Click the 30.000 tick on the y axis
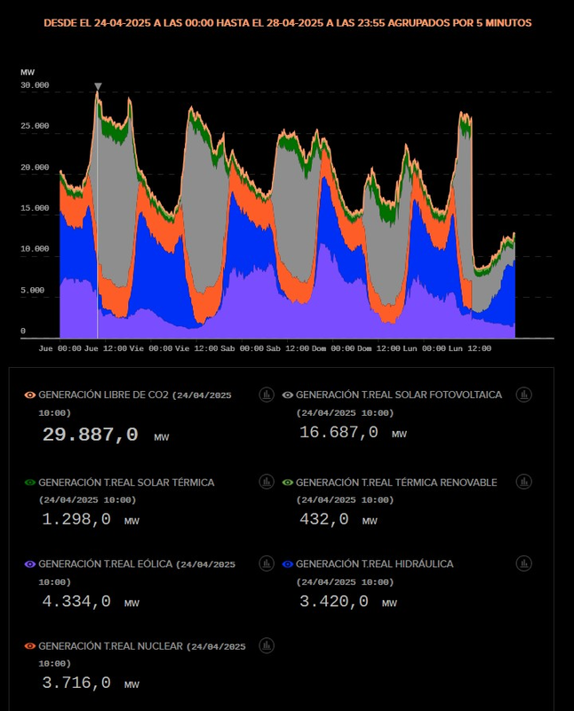(35, 86)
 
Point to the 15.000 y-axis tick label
(35, 208)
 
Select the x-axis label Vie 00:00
(150, 349)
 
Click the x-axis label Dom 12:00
(378, 349)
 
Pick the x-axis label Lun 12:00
(470, 349)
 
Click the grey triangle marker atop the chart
(98, 86)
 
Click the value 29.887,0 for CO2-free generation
(90, 435)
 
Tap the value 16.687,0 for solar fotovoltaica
(339, 432)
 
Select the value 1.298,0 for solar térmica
(76, 519)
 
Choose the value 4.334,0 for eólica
(76, 602)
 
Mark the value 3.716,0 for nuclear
(76, 683)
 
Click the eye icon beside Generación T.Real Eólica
(30, 564)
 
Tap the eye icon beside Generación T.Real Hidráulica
(287, 564)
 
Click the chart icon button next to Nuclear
(267, 645)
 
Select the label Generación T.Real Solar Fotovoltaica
(398, 394)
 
